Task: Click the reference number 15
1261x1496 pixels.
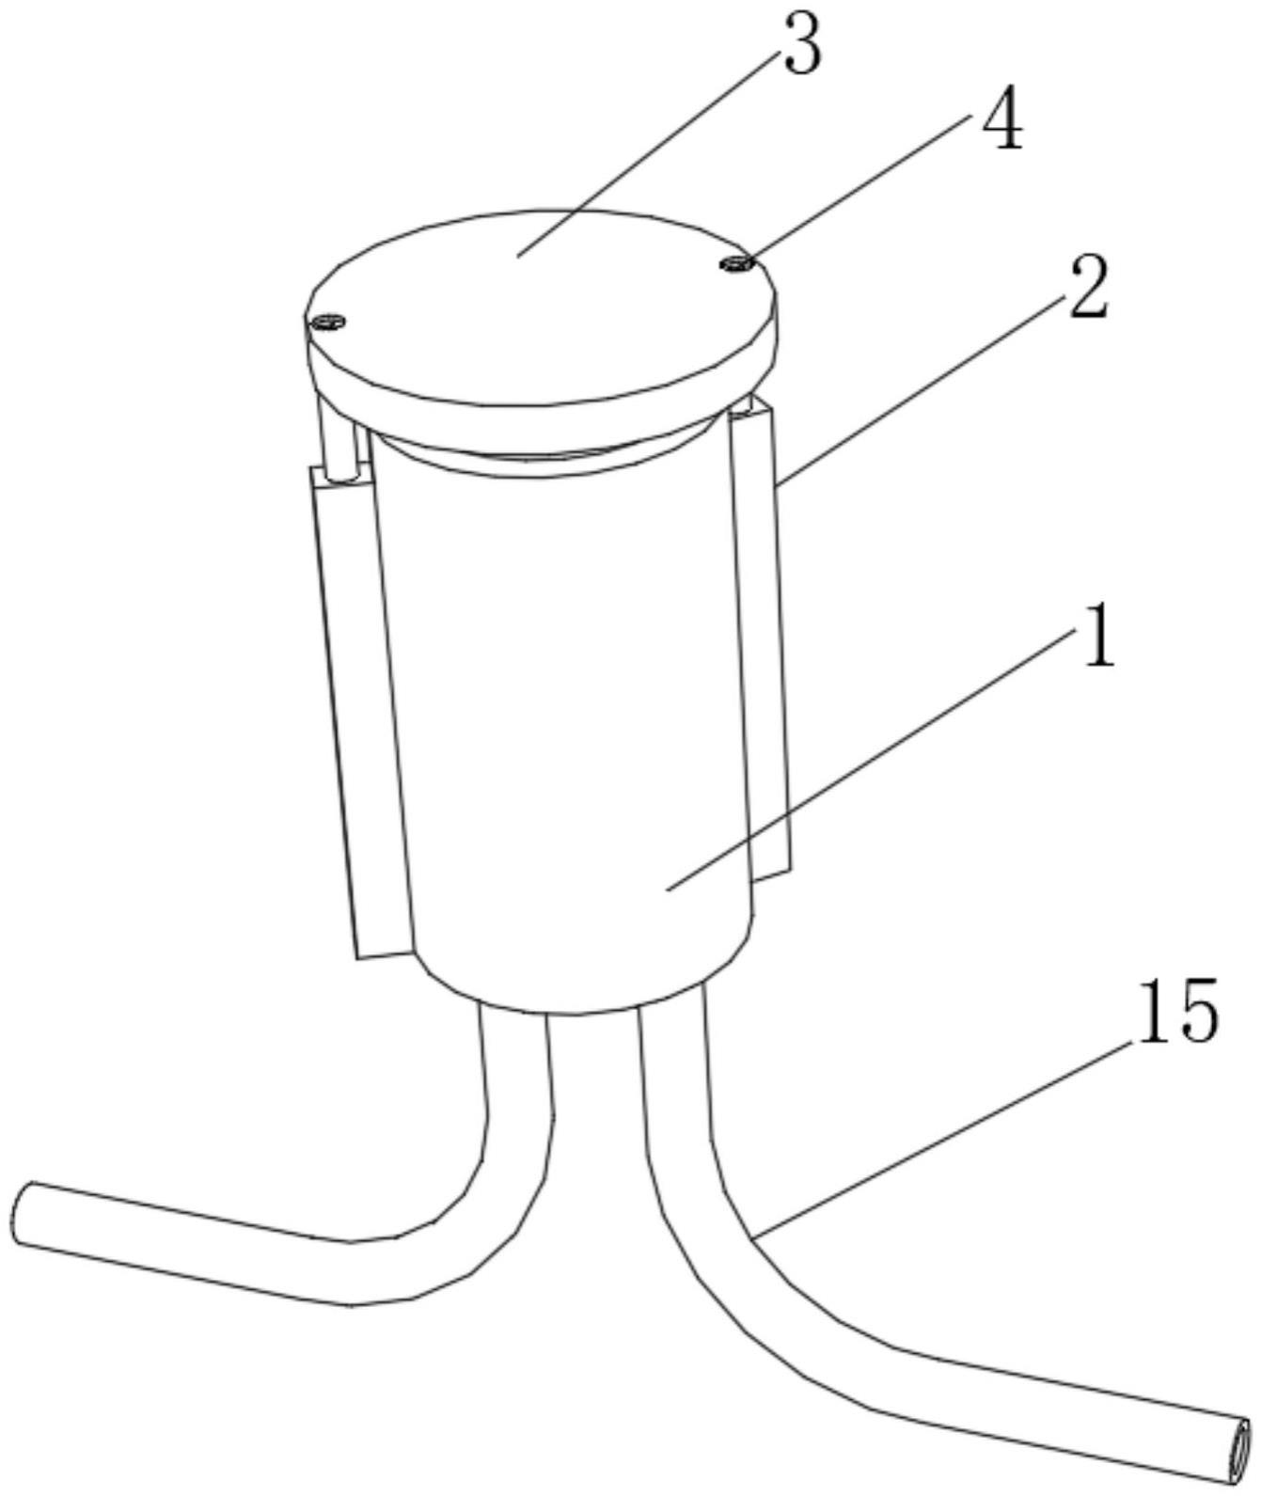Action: tap(1178, 1011)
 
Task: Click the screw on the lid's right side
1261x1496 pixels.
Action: tap(735, 264)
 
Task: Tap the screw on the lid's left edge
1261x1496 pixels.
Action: tap(328, 323)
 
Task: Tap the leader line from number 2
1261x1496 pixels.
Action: tap(922, 390)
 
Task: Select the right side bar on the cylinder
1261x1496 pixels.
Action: tap(760, 639)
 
